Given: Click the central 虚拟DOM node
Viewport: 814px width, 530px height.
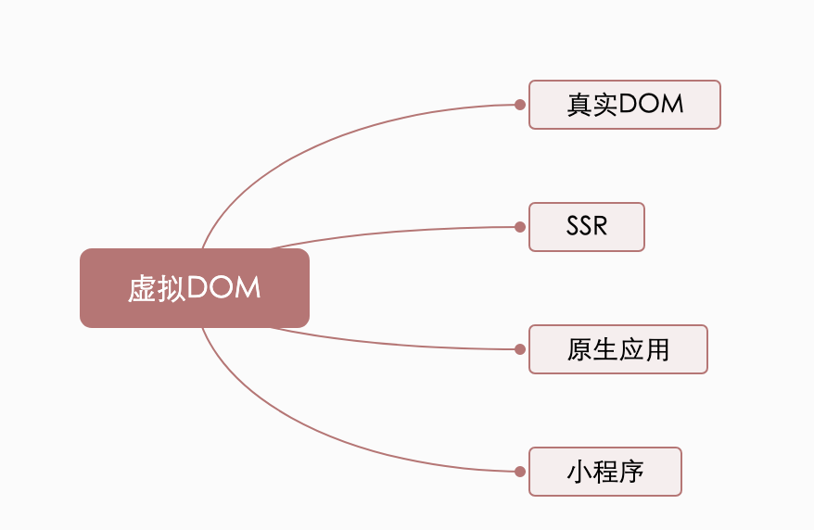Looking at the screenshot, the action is click(195, 288).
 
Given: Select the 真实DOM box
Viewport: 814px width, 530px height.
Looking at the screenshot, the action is click(625, 104).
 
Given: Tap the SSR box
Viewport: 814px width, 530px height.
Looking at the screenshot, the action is click(587, 227).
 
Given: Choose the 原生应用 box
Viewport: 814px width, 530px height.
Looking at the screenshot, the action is click(617, 349).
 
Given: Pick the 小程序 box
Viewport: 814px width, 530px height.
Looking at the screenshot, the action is click(604, 472).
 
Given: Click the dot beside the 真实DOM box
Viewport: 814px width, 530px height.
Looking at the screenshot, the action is click(520, 105).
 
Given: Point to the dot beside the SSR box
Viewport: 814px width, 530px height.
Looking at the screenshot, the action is click(520, 227).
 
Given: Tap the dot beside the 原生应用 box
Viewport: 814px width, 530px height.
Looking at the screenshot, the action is click(520, 349).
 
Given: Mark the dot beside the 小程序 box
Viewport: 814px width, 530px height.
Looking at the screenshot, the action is click(520, 472).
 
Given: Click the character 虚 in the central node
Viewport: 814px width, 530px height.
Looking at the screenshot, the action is click(142, 288).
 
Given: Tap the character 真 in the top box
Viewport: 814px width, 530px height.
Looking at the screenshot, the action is click(579, 104).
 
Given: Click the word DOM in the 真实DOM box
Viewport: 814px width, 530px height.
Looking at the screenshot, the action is click(651, 104).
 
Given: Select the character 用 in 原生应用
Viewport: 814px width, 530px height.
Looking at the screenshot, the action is click(656, 349).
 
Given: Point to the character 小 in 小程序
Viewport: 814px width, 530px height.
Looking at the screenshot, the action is click(579, 472).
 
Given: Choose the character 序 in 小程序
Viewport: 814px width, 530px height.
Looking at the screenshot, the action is click(631, 472).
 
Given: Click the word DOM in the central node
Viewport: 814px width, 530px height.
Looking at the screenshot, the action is click(223, 288).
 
